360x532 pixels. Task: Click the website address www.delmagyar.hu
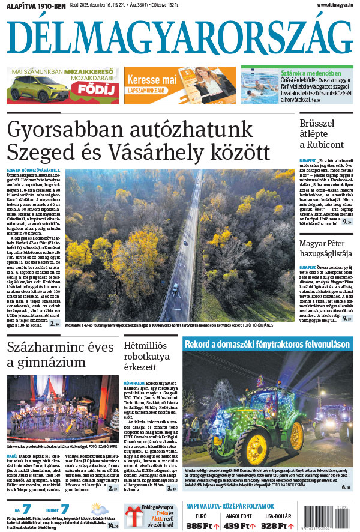[x=332, y=5]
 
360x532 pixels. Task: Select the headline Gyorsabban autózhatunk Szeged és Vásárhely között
[x=138, y=138]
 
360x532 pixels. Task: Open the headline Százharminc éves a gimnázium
[x=60, y=355]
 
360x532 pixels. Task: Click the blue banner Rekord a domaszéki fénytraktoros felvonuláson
[x=267, y=345]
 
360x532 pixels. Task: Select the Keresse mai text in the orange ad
[x=151, y=80]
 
